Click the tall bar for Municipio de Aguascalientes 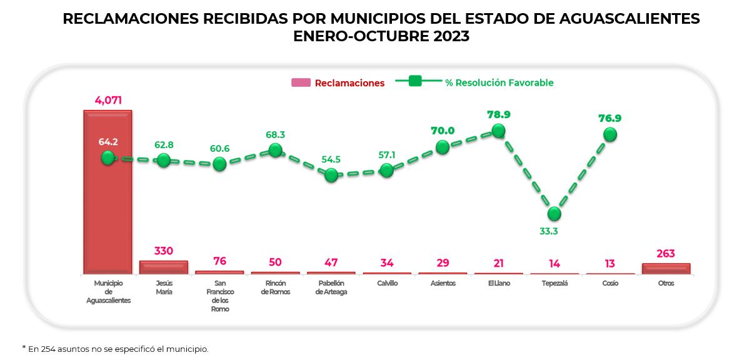click(108, 206)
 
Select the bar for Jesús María click(163, 267)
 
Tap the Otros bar click(666, 269)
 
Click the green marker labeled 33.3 click(554, 214)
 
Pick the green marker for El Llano click(498, 131)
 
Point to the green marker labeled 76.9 click(610, 134)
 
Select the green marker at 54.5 click(331, 175)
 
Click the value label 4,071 click(108, 100)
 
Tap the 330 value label click(163, 251)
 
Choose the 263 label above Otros click(666, 254)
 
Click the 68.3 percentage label click(275, 134)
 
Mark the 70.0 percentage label click(443, 131)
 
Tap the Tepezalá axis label click(554, 283)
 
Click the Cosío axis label click(610, 283)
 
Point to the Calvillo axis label click(387, 283)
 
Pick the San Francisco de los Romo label click(219, 296)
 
